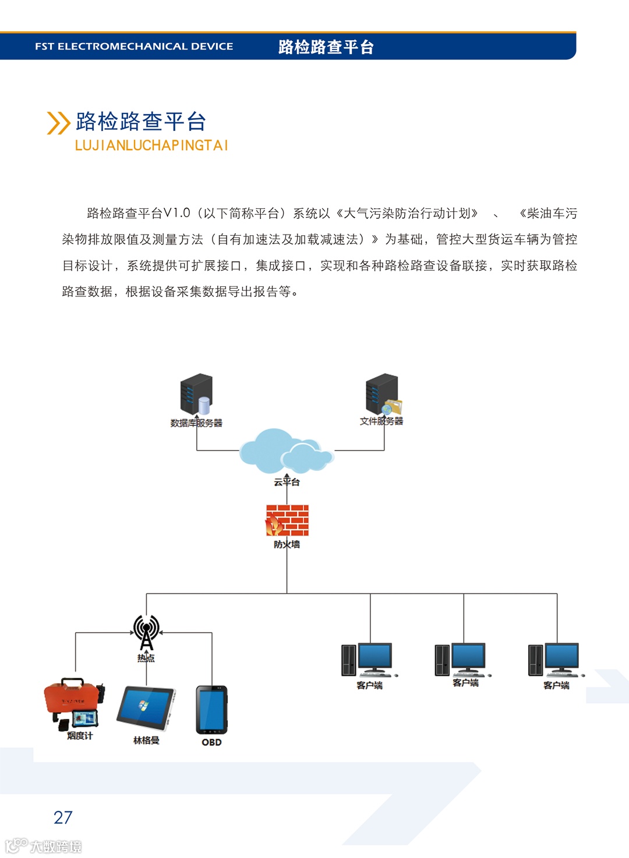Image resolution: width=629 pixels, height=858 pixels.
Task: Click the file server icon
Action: pyautogui.click(x=383, y=394)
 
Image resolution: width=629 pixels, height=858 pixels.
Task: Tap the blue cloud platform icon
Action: pyautogui.click(x=286, y=451)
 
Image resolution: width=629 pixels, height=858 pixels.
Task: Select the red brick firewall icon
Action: pyautogui.click(x=287, y=520)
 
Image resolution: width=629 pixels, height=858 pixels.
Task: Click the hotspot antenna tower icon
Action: pyautogui.click(x=146, y=632)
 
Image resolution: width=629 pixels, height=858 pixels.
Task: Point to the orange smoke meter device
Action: pyautogui.click(x=75, y=701)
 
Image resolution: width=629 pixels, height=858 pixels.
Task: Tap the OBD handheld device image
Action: pyautogui.click(x=211, y=710)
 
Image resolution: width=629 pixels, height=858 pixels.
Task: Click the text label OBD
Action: pyautogui.click(x=211, y=742)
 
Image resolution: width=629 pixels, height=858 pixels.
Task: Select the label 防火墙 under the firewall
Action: pyautogui.click(x=287, y=544)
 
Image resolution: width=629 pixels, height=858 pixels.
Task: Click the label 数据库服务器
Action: pyautogui.click(x=196, y=423)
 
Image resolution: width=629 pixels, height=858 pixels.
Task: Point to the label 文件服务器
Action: pyautogui.click(x=381, y=421)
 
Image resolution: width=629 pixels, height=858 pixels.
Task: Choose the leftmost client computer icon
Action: pyautogui.click(x=368, y=660)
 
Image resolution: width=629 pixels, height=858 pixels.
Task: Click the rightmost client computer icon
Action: pyautogui.click(x=555, y=660)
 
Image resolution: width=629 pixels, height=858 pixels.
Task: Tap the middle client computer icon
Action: pyautogui.click(x=461, y=659)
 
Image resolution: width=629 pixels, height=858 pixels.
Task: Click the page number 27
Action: pyautogui.click(x=63, y=817)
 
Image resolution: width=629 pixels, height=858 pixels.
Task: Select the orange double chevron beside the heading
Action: pyautogui.click(x=58, y=123)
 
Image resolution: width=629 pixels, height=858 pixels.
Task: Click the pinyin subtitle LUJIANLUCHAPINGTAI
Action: pyautogui.click(x=151, y=146)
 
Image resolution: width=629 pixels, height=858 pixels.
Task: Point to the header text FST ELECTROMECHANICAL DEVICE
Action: pyautogui.click(x=134, y=47)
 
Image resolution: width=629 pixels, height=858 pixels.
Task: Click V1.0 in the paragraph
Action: pyautogui.click(x=176, y=213)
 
